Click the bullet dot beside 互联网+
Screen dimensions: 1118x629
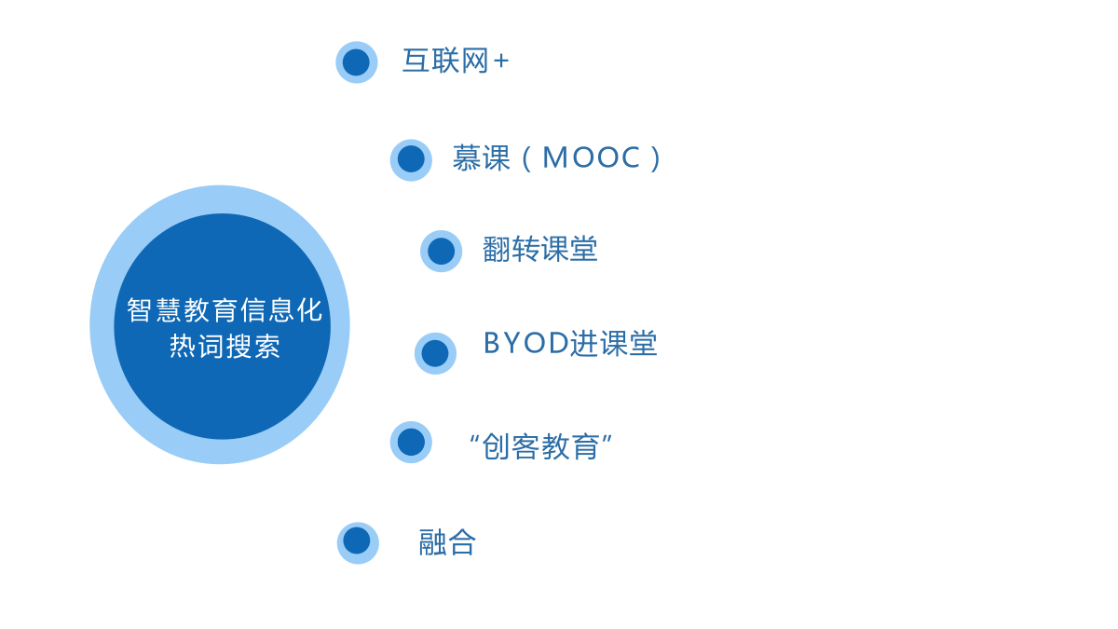(x=356, y=62)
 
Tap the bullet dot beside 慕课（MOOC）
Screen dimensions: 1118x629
(x=411, y=159)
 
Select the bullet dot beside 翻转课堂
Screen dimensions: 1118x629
(x=442, y=251)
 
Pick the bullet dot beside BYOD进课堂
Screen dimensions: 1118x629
(x=435, y=353)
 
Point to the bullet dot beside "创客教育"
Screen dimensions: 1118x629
(x=411, y=443)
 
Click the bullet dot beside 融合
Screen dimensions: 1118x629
(x=358, y=543)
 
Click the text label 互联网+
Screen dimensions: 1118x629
(x=456, y=61)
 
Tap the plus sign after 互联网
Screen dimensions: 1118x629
(x=500, y=62)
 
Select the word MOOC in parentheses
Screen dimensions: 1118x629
(x=592, y=157)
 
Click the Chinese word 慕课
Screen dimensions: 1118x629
(x=481, y=157)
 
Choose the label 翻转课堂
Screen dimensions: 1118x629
(x=540, y=249)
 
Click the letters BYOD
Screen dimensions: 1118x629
(x=526, y=343)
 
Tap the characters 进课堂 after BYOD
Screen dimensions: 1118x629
(x=613, y=344)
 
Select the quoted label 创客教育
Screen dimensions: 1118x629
(x=540, y=446)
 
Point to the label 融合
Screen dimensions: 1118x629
(x=447, y=542)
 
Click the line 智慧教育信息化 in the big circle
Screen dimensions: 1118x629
(x=225, y=310)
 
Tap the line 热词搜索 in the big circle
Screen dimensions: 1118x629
(x=225, y=346)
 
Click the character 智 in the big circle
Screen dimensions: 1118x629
(x=139, y=310)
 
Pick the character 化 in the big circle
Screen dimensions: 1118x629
(x=310, y=310)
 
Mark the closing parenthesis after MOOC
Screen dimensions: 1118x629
(x=655, y=158)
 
